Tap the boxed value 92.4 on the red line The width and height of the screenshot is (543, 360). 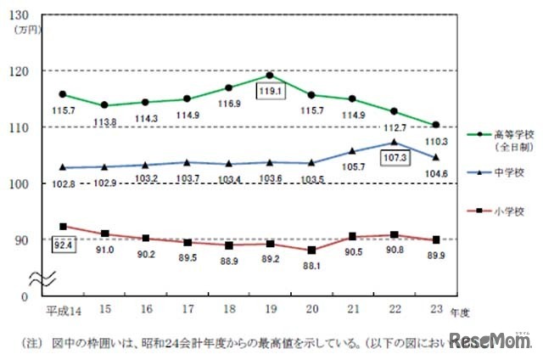(63, 247)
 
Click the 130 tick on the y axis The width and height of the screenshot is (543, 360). (23, 15)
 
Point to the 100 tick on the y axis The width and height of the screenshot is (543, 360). (23, 183)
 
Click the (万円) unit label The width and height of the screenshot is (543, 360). (25, 29)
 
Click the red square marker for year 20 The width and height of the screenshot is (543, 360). (311, 250)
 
